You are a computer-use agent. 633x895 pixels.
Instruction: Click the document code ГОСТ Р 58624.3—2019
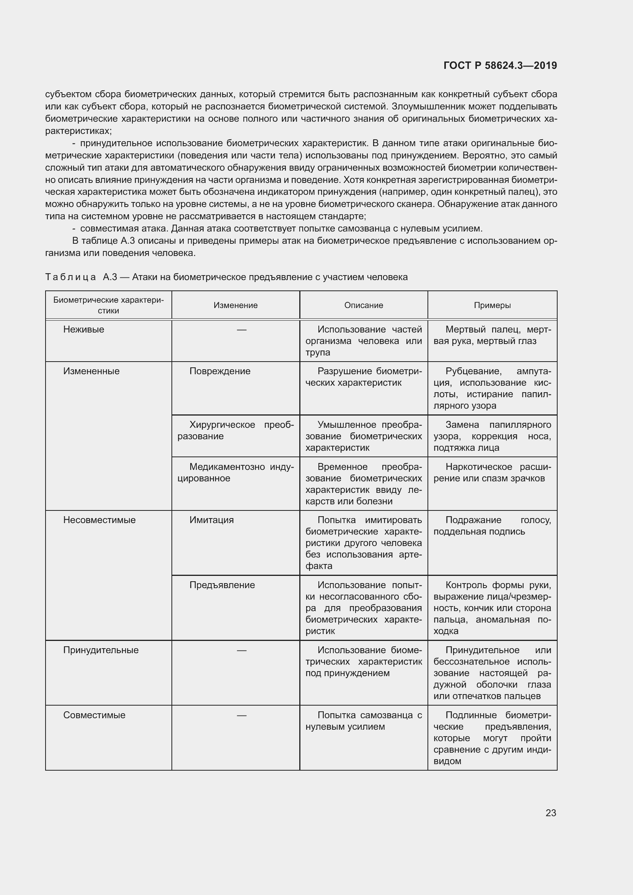500,65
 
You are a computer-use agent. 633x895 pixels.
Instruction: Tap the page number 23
551,813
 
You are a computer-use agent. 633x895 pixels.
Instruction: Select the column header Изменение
235,305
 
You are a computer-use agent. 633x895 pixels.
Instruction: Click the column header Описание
363,305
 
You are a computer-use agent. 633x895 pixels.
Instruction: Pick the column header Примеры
492,305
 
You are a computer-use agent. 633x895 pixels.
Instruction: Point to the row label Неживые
84,329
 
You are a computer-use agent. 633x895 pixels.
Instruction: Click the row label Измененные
91,371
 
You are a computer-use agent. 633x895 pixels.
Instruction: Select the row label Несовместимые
100,520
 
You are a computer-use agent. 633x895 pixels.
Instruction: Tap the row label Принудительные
101,650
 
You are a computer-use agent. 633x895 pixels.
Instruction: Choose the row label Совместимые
94,715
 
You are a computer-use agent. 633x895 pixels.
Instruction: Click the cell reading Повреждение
220,371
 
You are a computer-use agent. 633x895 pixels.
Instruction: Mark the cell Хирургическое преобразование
235,430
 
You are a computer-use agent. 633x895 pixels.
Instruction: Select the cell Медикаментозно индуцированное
235,473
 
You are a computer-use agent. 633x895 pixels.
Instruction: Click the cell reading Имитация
212,520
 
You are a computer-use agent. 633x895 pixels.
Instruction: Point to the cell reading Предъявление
222,585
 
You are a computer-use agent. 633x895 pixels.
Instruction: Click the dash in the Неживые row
241,330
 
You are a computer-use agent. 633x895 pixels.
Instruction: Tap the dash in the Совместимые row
241,715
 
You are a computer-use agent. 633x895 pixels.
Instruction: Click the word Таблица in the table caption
70,277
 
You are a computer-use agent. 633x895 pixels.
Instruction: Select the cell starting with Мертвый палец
492,335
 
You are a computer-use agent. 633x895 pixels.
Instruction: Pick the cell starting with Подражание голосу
492,525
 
